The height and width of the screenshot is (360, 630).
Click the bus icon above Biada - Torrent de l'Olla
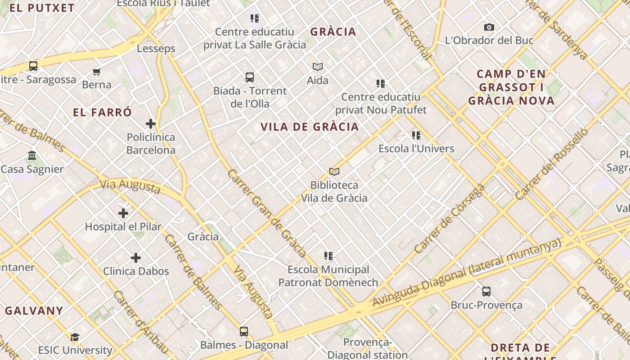[x=250, y=77]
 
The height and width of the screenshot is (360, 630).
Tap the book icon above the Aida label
[x=318, y=67]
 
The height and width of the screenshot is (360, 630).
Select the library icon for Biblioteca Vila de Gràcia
[x=334, y=171]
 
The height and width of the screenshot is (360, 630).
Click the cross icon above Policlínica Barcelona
[x=151, y=124]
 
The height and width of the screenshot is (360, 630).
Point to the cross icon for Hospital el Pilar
[x=123, y=213]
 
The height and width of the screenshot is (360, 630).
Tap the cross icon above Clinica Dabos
[x=136, y=258]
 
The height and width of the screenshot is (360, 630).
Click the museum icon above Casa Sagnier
[x=32, y=156]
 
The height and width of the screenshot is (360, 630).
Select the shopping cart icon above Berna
[x=96, y=72]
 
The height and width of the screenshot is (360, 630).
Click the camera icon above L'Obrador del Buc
[x=489, y=27]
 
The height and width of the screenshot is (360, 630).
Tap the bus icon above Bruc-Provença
[x=486, y=292]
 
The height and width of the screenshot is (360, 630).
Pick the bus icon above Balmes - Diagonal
[x=244, y=332]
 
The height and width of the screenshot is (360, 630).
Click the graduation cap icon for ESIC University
[x=75, y=337]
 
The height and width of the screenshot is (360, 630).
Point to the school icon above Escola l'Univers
[x=416, y=135]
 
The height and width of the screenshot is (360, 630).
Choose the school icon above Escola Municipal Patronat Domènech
[x=328, y=256]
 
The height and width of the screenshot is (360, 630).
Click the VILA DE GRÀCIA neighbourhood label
[x=310, y=127]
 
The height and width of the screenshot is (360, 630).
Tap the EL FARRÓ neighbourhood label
[x=103, y=112]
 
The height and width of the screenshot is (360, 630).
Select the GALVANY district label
[x=34, y=310]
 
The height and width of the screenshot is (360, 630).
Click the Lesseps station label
[x=156, y=49]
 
